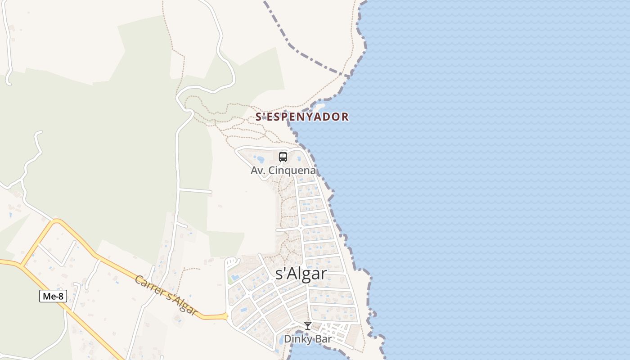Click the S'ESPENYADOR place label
(302, 117)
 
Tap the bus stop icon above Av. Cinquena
(283, 157)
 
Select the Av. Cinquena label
(283, 171)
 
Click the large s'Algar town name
(301, 274)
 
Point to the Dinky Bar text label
(307, 339)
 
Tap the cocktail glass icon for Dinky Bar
(308, 326)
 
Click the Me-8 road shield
(53, 296)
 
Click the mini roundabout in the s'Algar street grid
(300, 228)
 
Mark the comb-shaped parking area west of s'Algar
(231, 262)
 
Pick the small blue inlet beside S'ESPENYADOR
(320, 107)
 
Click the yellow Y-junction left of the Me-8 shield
(21, 265)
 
